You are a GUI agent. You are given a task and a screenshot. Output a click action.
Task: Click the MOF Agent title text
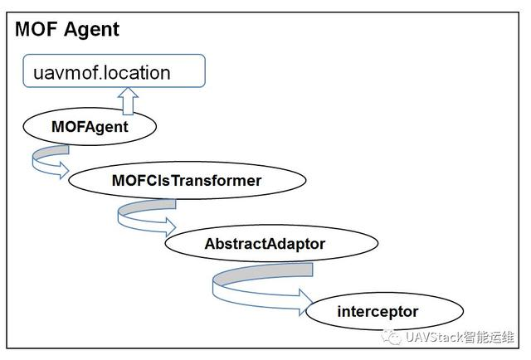(67, 29)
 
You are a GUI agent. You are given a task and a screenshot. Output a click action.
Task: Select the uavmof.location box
(114, 71)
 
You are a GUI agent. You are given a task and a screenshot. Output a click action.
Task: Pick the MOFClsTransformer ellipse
(186, 180)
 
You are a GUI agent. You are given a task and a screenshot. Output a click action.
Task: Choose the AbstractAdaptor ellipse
(265, 244)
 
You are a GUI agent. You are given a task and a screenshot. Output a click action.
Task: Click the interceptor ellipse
(378, 312)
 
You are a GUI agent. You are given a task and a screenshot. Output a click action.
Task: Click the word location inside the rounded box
(138, 72)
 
